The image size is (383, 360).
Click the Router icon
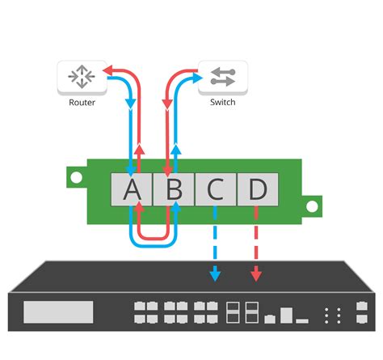click(82, 76)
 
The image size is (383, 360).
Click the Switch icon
click(222, 76)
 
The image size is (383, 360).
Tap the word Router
click(82, 104)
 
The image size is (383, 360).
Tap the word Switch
click(222, 104)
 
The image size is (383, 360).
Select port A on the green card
click(131, 190)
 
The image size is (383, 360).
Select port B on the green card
click(173, 190)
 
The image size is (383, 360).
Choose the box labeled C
click(215, 190)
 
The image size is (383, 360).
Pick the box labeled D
click(257, 190)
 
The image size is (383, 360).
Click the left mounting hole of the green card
click(75, 176)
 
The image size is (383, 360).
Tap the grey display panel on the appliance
click(58, 312)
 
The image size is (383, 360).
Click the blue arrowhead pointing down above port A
click(131, 106)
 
